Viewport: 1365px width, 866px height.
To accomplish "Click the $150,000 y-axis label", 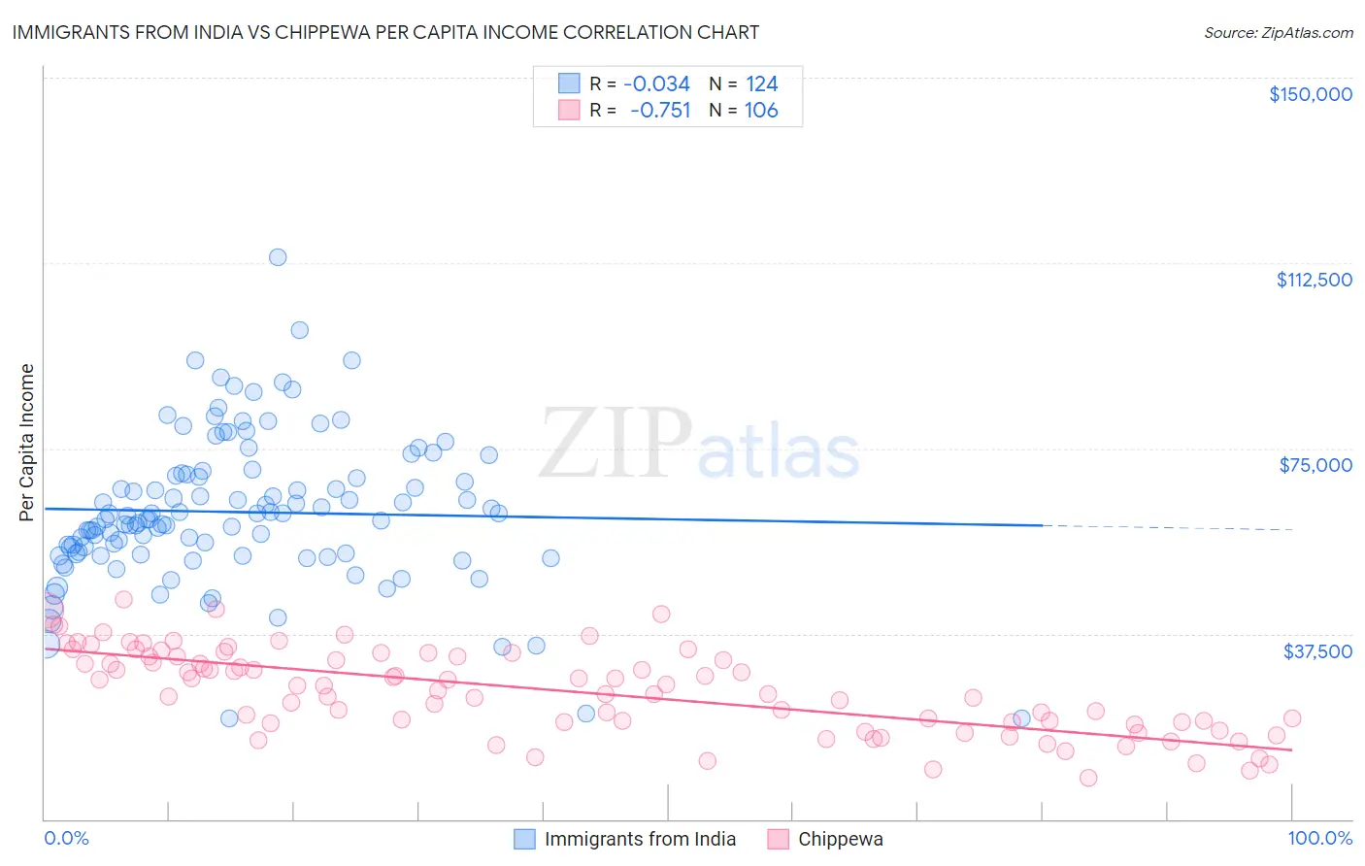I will [x=1310, y=94].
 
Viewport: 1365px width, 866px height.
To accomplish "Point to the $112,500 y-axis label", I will [x=1314, y=280].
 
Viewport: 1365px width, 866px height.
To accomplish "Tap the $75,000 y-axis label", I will [x=1315, y=465].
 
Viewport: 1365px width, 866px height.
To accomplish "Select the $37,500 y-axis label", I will [x=1317, y=651].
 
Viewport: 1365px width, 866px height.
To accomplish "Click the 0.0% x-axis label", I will [x=66, y=839].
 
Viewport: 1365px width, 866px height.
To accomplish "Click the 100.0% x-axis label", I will [x=1319, y=839].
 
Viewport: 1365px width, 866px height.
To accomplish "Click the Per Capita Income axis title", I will [x=27, y=442].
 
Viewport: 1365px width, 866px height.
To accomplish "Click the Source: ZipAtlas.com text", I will [x=1278, y=33].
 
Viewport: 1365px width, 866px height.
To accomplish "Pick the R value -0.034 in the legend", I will [x=656, y=84].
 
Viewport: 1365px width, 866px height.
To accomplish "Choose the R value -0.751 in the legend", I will [x=660, y=111].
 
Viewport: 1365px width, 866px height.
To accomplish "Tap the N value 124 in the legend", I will [x=761, y=84].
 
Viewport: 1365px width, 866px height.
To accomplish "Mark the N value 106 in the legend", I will [x=761, y=111].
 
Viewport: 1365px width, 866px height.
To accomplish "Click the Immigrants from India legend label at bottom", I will [x=640, y=840].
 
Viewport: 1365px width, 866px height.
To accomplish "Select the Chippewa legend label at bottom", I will [x=840, y=840].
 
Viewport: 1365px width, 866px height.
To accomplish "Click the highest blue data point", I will [x=278, y=257].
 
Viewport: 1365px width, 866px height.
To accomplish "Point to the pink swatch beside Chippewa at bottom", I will [x=778, y=840].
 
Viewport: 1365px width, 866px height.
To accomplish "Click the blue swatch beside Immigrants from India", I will [x=524, y=840].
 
